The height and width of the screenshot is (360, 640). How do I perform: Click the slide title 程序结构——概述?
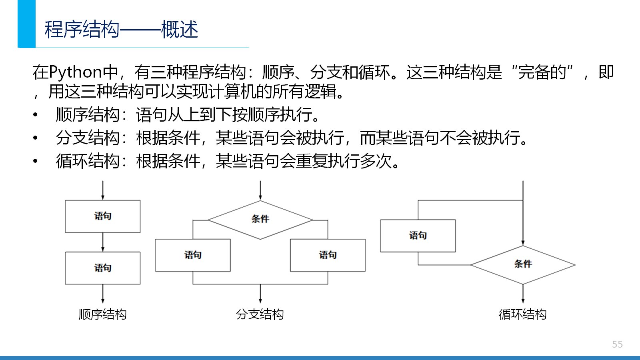[x=121, y=29]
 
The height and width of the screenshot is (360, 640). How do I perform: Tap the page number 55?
[x=617, y=344]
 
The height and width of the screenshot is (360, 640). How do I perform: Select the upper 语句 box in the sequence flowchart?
[x=102, y=216]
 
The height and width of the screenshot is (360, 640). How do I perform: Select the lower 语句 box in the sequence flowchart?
[x=102, y=268]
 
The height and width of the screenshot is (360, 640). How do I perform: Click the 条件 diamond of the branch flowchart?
[x=260, y=220]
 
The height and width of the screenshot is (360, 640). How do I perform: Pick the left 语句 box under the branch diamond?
[x=193, y=255]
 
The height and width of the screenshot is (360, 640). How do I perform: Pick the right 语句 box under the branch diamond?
[x=328, y=255]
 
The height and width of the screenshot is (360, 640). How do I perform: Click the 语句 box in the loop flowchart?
[x=418, y=236]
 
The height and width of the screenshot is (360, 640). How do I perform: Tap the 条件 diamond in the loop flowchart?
[x=523, y=265]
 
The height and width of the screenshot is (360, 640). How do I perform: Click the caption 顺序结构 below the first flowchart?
[x=102, y=314]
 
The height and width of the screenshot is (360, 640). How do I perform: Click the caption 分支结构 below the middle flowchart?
[x=260, y=314]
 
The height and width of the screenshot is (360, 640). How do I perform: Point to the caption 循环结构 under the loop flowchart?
[x=522, y=314]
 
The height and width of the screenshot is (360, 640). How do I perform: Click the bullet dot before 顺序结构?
[x=35, y=115]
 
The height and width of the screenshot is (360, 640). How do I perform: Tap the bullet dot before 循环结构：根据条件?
[x=35, y=161]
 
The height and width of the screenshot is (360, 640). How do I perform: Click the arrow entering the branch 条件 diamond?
[x=260, y=190]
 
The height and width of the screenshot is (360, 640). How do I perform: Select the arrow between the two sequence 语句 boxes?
[x=102, y=242]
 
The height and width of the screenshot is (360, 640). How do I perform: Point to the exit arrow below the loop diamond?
[x=523, y=294]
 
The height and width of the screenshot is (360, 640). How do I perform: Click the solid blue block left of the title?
[x=26, y=24]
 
